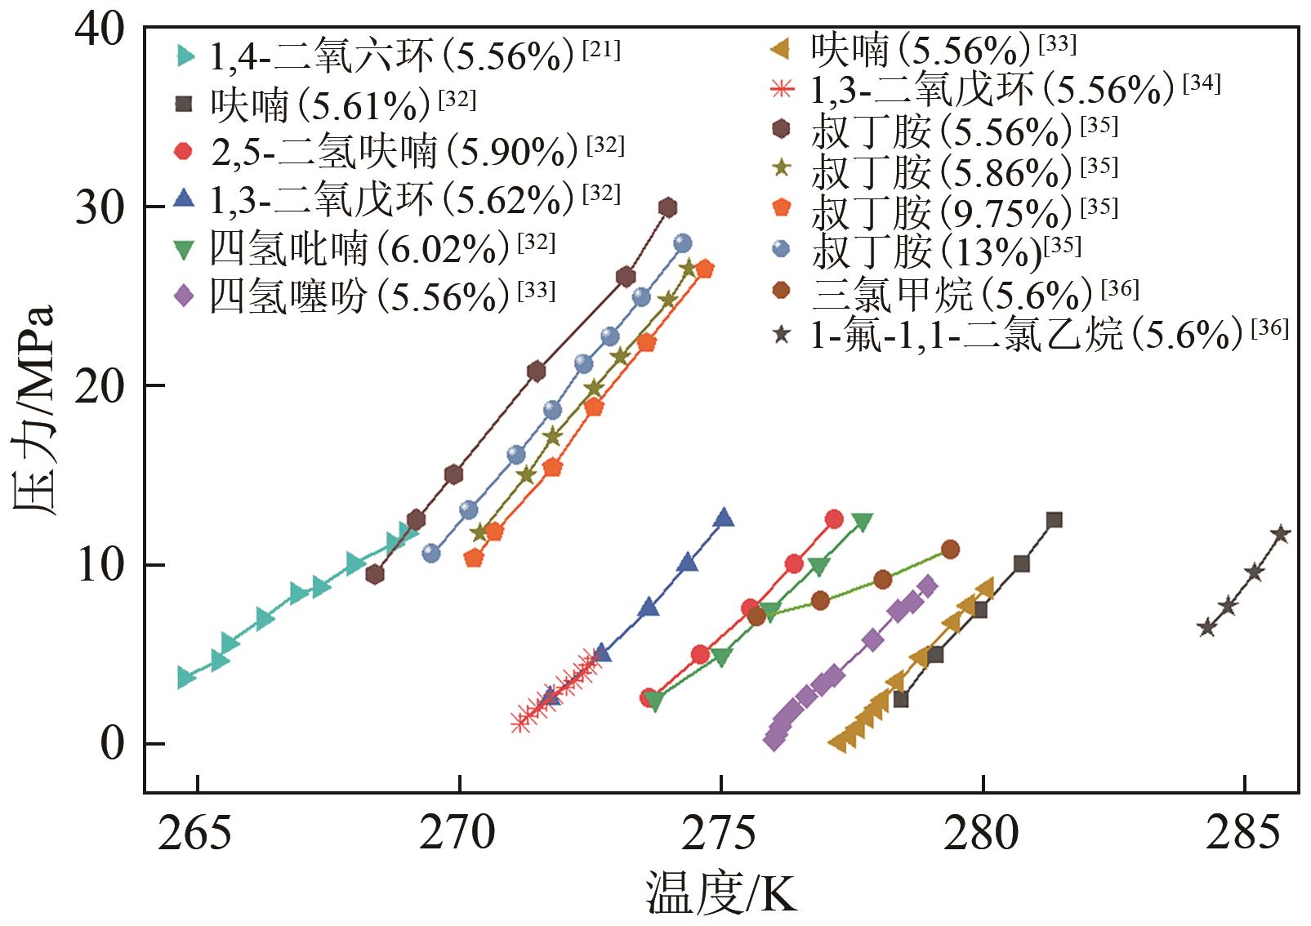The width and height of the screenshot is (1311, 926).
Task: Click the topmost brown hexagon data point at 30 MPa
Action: [668, 207]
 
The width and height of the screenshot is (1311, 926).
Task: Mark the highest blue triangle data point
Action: [723, 518]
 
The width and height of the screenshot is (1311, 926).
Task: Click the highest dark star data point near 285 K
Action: [1281, 534]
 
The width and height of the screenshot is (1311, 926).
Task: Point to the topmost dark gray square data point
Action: [1055, 520]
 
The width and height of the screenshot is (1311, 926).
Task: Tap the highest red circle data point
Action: [834, 519]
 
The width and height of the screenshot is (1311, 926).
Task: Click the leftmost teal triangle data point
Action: [185, 677]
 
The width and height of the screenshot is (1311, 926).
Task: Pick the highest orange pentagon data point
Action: [704, 269]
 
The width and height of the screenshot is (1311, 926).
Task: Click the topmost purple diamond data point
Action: [927, 585]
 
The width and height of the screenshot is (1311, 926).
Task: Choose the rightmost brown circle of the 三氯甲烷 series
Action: [950, 550]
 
